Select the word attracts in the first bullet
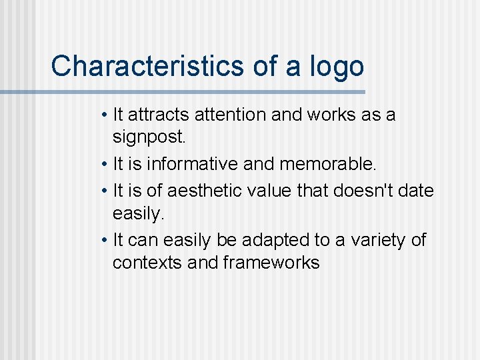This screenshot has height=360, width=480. click(x=159, y=115)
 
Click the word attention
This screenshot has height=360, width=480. click(x=232, y=115)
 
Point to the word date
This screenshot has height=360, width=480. click(x=416, y=191)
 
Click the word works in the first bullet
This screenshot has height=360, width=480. click(x=333, y=115)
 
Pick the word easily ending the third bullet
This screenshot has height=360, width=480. click(x=138, y=215)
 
